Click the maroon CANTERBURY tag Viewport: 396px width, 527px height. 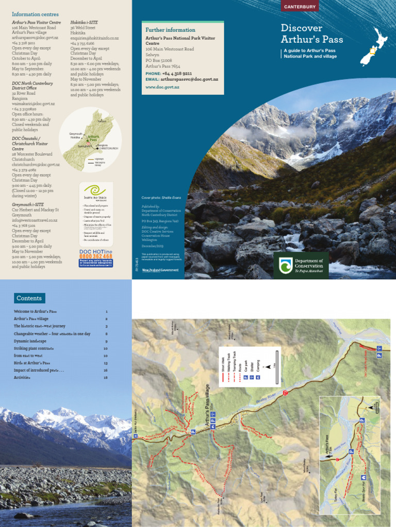point(301,6)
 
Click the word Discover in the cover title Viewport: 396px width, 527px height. point(302,28)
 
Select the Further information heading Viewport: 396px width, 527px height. point(170,30)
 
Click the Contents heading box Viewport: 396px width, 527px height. point(30,298)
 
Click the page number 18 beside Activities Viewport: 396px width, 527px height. point(106,377)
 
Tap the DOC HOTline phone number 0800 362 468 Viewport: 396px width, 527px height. point(96,256)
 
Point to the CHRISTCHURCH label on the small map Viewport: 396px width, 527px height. point(108,148)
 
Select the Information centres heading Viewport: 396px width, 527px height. point(35,14)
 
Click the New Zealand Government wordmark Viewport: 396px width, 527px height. point(160,270)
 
